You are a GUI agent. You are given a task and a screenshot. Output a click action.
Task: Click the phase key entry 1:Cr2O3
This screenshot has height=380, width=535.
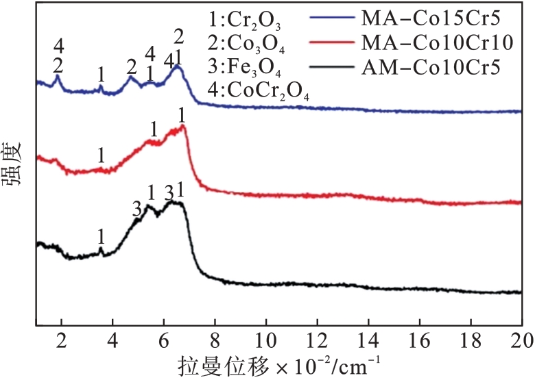tap(245, 20)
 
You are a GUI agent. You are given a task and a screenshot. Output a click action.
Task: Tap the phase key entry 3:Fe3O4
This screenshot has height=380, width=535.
tap(245, 70)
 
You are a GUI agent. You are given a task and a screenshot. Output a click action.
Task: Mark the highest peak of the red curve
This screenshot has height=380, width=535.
tap(183, 126)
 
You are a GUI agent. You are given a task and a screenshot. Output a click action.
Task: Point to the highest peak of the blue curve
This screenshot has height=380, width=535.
tap(178, 66)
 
